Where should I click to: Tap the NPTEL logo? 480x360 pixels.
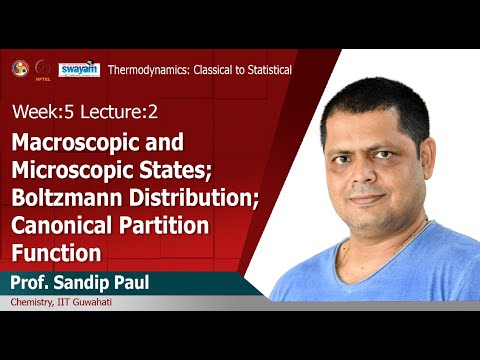pos(42,68)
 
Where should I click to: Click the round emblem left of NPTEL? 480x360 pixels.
pos(18,68)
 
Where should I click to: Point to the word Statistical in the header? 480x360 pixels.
pos(262,70)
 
